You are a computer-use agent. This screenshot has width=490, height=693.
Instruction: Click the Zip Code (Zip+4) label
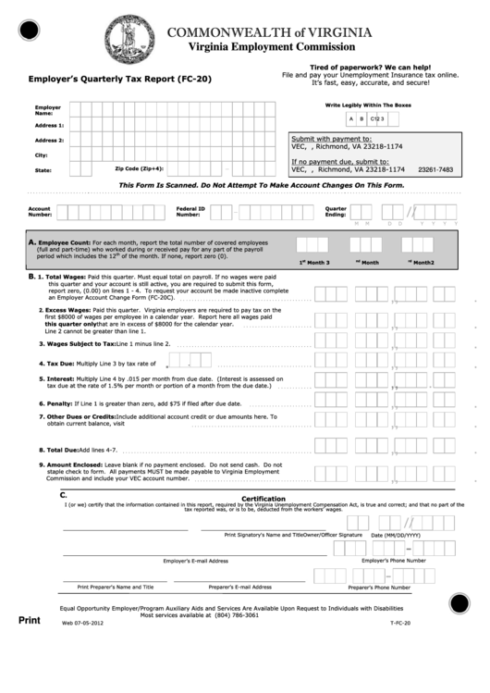click(x=139, y=168)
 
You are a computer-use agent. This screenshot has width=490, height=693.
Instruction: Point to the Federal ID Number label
click(x=190, y=211)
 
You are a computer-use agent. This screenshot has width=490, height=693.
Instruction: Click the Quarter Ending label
click(x=335, y=211)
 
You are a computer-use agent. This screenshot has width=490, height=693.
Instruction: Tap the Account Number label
click(x=40, y=211)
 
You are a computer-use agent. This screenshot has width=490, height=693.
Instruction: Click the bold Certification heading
click(x=263, y=499)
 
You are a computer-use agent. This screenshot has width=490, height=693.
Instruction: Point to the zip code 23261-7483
click(x=435, y=169)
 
